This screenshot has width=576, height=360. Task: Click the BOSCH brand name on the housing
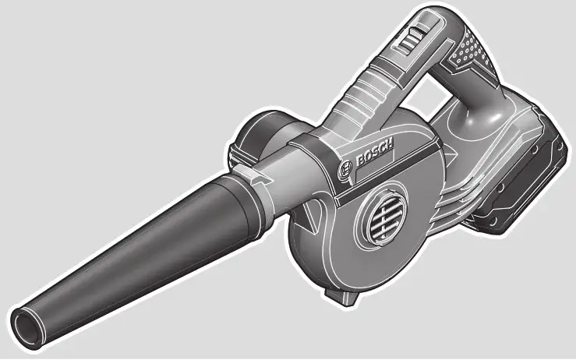(374, 154)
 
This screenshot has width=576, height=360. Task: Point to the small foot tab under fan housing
(336, 298)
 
